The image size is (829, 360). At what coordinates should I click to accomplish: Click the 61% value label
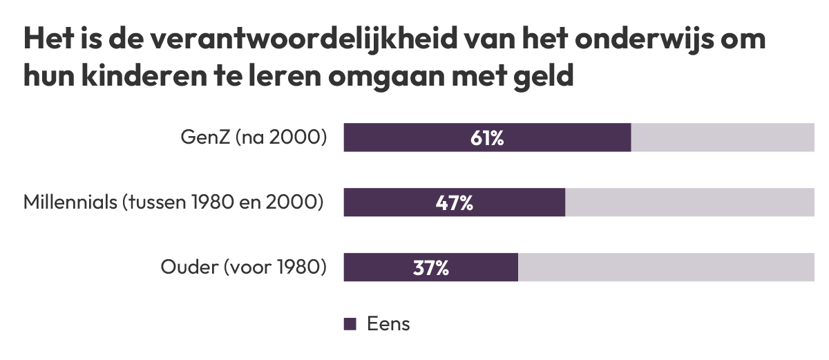click(487, 138)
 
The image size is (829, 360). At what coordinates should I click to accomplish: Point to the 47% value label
click(454, 203)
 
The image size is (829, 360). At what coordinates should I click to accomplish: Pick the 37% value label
click(430, 268)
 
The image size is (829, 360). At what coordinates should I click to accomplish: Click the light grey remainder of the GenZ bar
click(723, 138)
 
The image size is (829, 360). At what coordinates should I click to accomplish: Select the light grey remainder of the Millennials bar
click(689, 202)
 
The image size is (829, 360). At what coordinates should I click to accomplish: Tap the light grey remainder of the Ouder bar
click(666, 267)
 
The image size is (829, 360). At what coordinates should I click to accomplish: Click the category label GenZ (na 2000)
click(253, 138)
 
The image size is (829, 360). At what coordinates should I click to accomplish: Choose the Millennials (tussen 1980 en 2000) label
click(173, 203)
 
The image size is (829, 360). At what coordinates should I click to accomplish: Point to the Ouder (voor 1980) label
click(243, 268)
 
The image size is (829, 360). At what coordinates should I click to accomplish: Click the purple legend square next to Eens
click(350, 324)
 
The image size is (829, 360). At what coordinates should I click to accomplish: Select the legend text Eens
click(388, 324)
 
